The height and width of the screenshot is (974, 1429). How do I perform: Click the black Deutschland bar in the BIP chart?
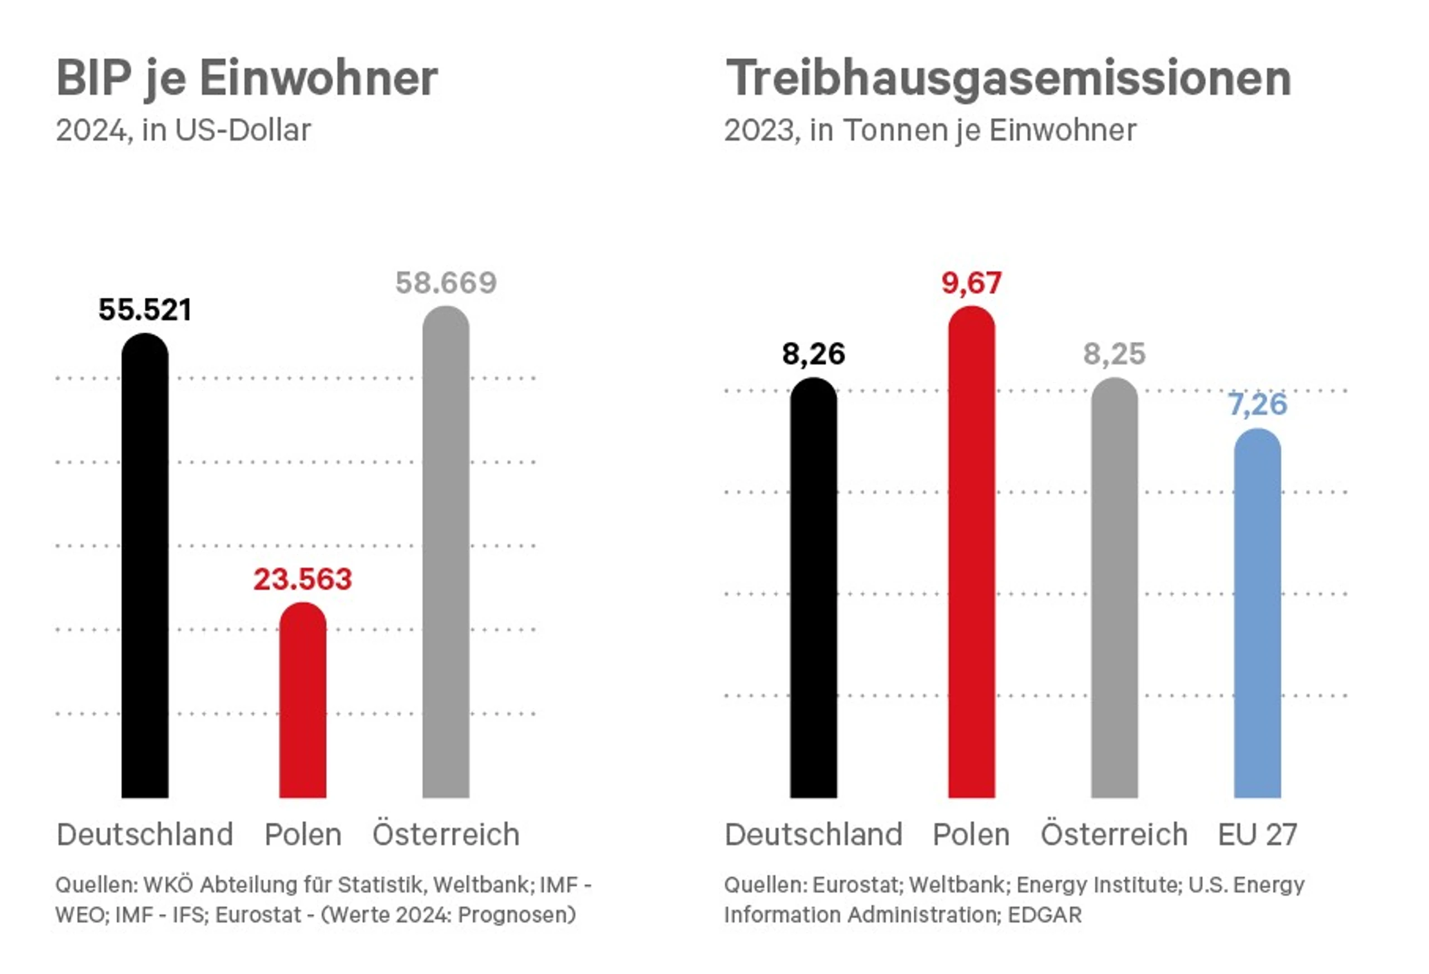pyautogui.click(x=145, y=566)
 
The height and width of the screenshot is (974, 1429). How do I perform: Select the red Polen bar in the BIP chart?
pyautogui.click(x=303, y=701)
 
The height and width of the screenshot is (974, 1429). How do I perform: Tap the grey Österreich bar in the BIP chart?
pyautogui.click(x=446, y=554)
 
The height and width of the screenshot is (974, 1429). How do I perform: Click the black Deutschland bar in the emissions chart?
pyautogui.click(x=813, y=591)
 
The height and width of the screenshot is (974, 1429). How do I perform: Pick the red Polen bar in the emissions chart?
pyautogui.click(x=971, y=554)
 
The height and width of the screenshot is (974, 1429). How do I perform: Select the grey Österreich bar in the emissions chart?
pyautogui.click(x=1114, y=591)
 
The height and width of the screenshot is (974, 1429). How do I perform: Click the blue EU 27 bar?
pyautogui.click(x=1258, y=615)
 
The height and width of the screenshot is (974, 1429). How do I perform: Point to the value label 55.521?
pyautogui.click(x=145, y=309)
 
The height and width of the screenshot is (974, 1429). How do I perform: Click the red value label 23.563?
pyautogui.click(x=303, y=579)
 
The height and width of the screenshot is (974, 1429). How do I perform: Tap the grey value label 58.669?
pyautogui.click(x=446, y=283)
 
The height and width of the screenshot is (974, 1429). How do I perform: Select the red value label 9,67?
pyautogui.click(x=971, y=283)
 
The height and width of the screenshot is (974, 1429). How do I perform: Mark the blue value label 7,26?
pyautogui.click(x=1258, y=405)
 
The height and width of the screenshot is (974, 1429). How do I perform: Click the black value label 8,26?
pyautogui.click(x=813, y=354)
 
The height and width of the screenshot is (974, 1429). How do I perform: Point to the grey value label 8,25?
pyautogui.click(x=1114, y=354)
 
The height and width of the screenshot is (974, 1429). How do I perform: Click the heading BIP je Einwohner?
pyautogui.click(x=247, y=78)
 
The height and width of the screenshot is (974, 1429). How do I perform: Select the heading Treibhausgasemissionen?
pyautogui.click(x=1009, y=78)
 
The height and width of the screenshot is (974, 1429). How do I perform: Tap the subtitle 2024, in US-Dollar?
pyautogui.click(x=183, y=131)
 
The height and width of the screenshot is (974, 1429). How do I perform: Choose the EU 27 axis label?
pyautogui.click(x=1258, y=835)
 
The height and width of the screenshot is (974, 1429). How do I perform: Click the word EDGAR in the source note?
pyautogui.click(x=1045, y=915)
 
